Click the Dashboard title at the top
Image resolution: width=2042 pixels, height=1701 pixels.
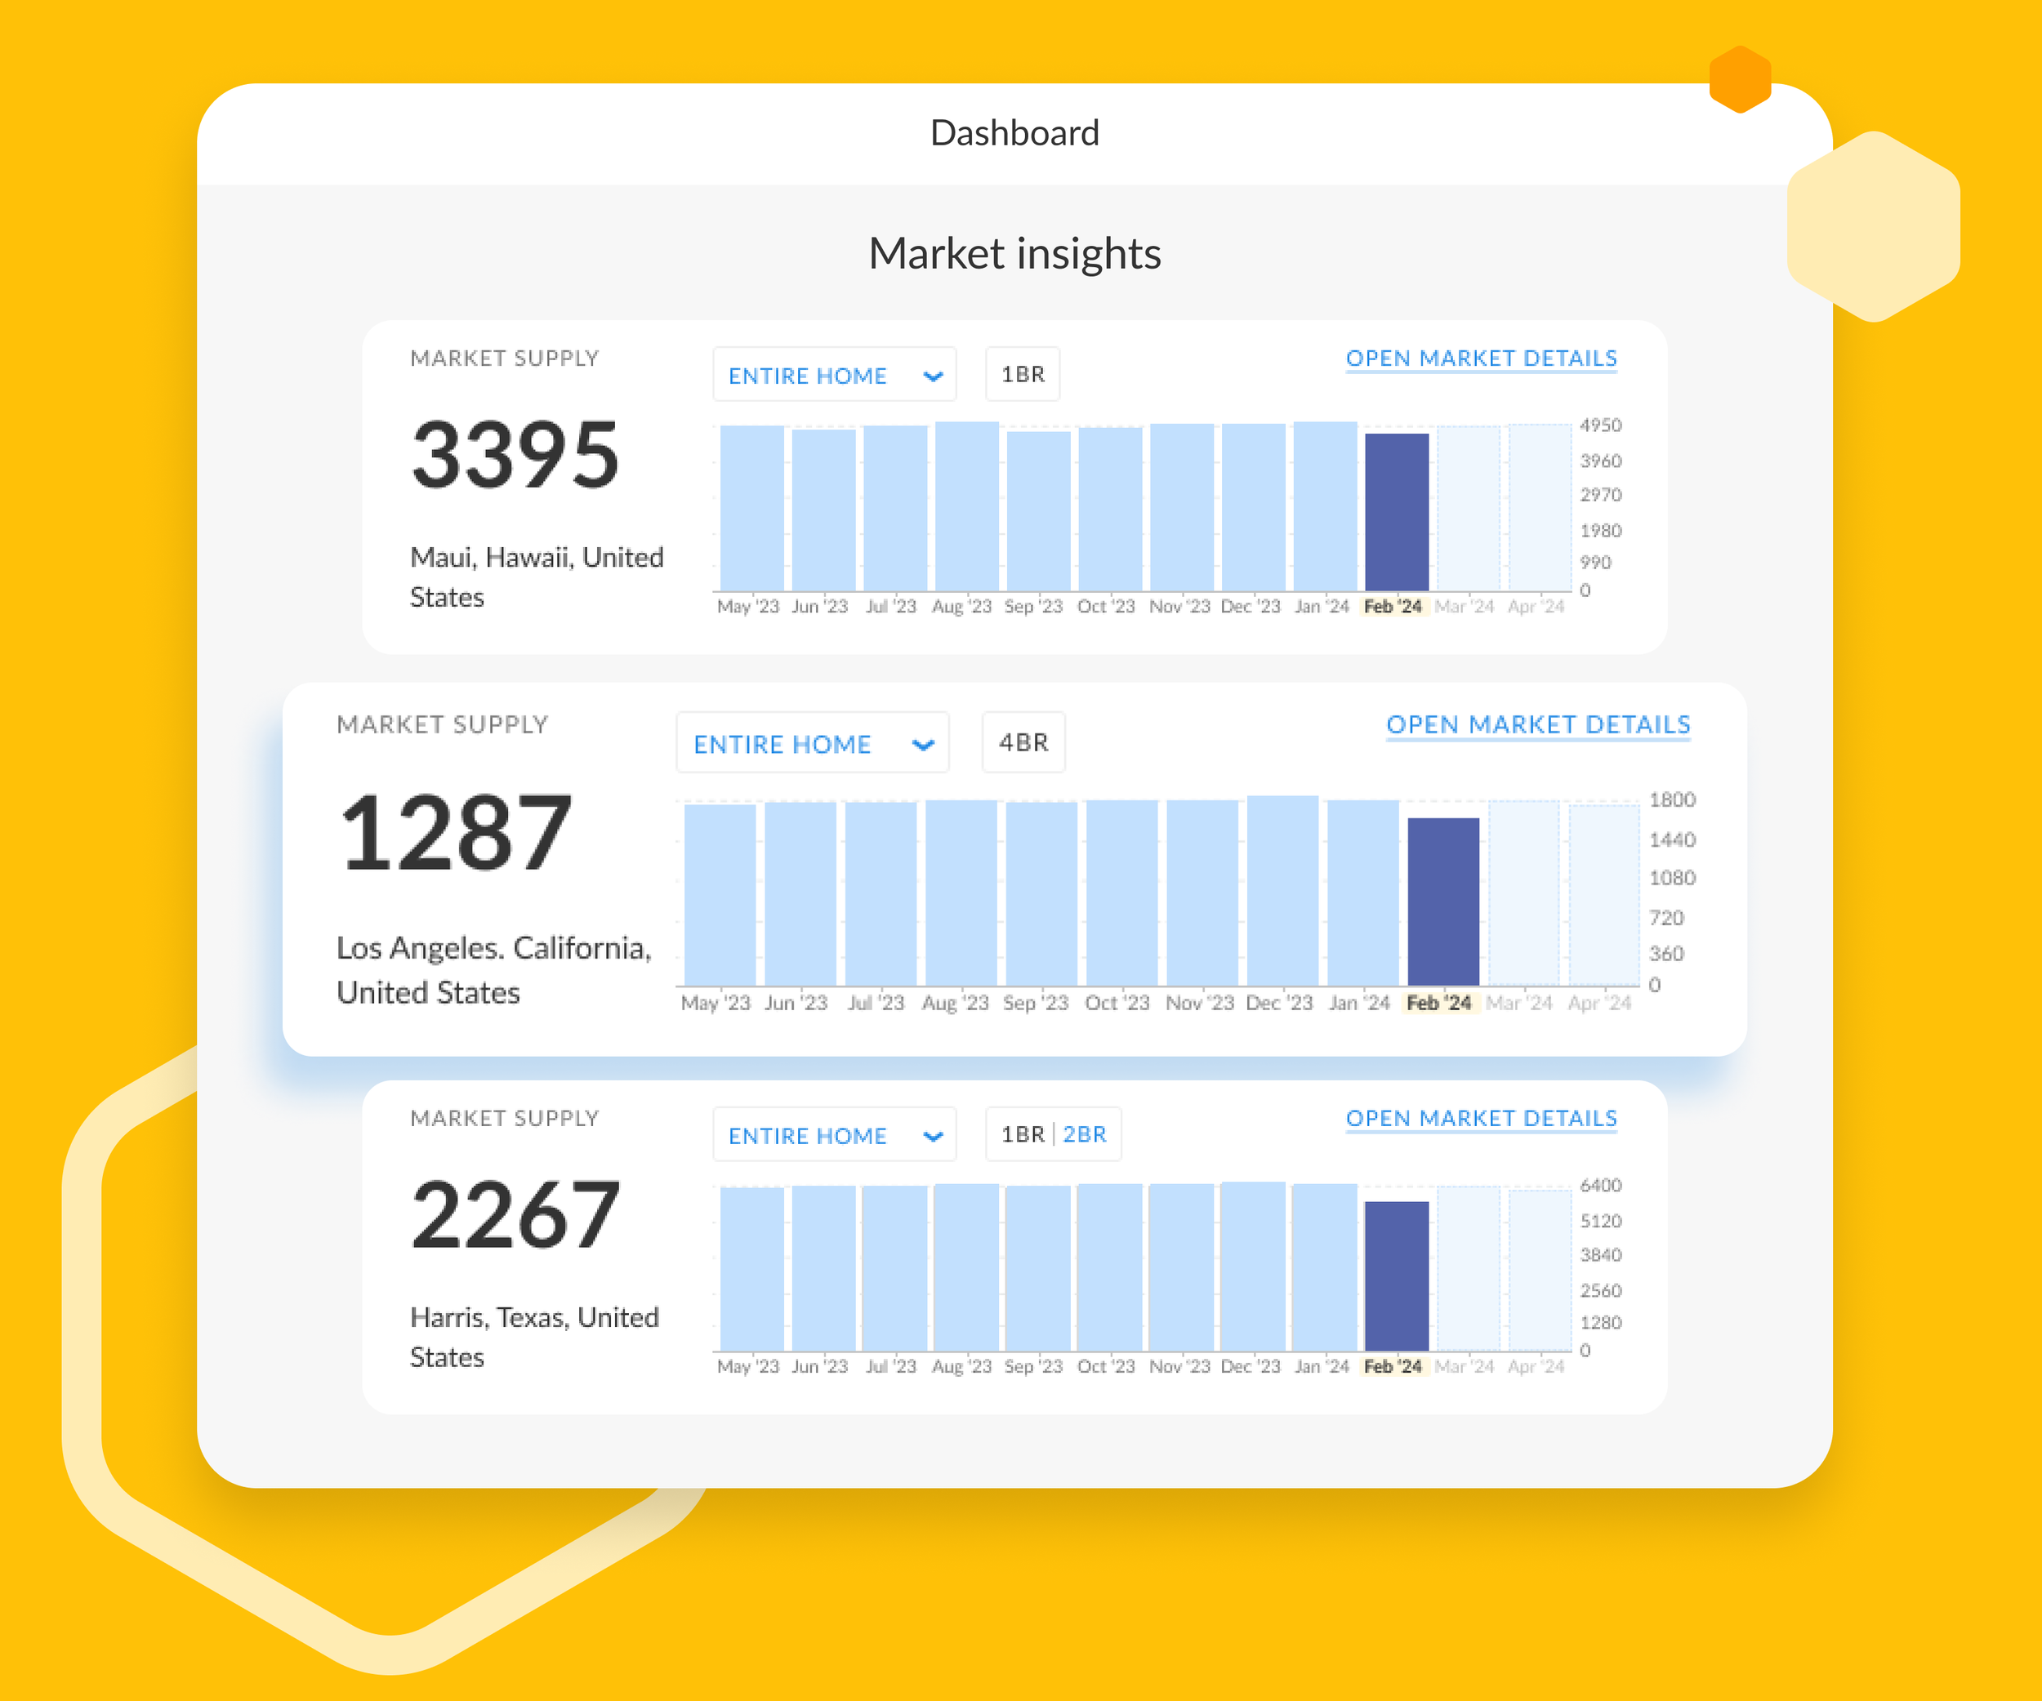pyautogui.click(x=1014, y=133)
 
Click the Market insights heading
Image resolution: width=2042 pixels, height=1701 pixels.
pyautogui.click(x=1014, y=254)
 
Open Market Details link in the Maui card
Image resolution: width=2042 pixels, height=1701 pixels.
pyautogui.click(x=1481, y=358)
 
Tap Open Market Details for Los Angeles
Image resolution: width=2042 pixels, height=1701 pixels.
pyautogui.click(x=1538, y=725)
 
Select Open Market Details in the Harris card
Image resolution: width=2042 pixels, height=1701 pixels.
pyautogui.click(x=1481, y=1118)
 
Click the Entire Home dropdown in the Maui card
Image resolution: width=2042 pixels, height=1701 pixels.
pyautogui.click(x=834, y=374)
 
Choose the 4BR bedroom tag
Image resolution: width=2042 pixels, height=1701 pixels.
pyautogui.click(x=1023, y=742)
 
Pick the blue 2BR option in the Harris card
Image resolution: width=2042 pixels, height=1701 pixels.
pyautogui.click(x=1084, y=1134)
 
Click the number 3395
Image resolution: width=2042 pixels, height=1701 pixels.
pyautogui.click(x=515, y=454)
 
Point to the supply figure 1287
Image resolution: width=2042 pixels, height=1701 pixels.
pyautogui.click(x=455, y=833)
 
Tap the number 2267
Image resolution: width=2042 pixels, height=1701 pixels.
pyautogui.click(x=515, y=1214)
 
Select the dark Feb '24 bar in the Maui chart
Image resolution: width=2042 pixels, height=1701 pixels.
pyautogui.click(x=1397, y=512)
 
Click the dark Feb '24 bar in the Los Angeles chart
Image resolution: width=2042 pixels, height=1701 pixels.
pyautogui.click(x=1443, y=902)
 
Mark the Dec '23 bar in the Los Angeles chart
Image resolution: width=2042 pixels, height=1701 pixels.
pyautogui.click(x=1282, y=890)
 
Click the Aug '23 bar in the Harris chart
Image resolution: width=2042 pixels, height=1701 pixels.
pyautogui.click(x=965, y=1267)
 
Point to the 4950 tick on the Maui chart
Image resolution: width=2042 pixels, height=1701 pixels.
pyautogui.click(x=1601, y=425)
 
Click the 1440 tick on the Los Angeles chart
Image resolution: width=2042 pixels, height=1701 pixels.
pyautogui.click(x=1671, y=839)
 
